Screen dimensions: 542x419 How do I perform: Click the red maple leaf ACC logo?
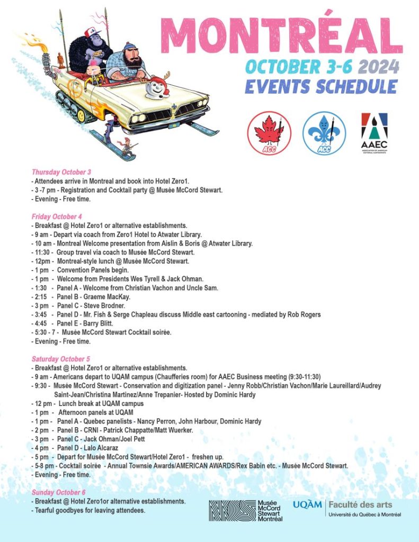tap(269, 133)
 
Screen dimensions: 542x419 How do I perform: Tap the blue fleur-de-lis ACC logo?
tap(324, 133)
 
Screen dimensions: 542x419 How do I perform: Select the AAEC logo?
tap(374, 135)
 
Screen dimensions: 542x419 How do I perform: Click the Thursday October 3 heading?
tap(61, 172)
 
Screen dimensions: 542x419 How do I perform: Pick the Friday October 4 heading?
tap(57, 216)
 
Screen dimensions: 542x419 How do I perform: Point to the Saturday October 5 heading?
tap(61, 359)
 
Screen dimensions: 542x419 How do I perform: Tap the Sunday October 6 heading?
tap(58, 492)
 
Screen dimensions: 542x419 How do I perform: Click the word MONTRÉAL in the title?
tap(281, 34)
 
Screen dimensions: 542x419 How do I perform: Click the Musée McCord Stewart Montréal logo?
tap(245, 511)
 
